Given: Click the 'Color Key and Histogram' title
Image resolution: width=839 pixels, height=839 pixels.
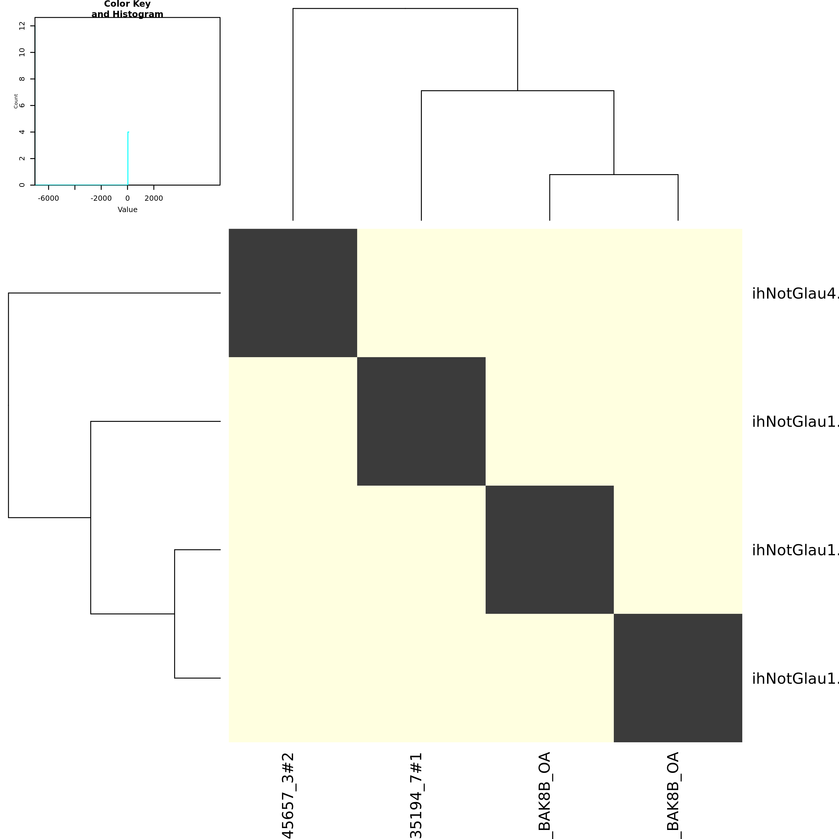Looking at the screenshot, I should [127, 9].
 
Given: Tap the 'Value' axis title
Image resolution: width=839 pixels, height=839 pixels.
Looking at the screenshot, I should [127, 210].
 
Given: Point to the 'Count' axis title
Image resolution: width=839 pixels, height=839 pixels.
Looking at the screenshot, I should [16, 101].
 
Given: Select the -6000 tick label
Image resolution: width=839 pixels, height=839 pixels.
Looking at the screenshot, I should [48, 198].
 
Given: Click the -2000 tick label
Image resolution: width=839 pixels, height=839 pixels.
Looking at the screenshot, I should [101, 198].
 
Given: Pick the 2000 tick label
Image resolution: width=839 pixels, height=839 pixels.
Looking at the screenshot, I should [154, 198].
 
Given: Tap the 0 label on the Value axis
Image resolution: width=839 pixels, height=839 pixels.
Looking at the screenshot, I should [127, 198].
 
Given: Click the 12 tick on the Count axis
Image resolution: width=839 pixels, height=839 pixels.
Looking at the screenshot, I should [22, 26].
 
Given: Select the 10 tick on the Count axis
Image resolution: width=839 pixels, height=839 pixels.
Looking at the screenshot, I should [22, 52].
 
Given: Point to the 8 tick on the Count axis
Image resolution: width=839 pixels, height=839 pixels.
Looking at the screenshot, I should [22, 79].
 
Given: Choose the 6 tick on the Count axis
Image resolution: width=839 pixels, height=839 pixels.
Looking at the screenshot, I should [22, 105].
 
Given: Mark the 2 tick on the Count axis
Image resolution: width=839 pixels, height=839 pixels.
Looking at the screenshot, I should [22, 158].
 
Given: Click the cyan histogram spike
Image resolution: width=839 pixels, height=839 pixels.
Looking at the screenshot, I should [128, 158].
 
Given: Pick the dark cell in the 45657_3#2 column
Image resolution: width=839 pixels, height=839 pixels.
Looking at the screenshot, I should [293, 293].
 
